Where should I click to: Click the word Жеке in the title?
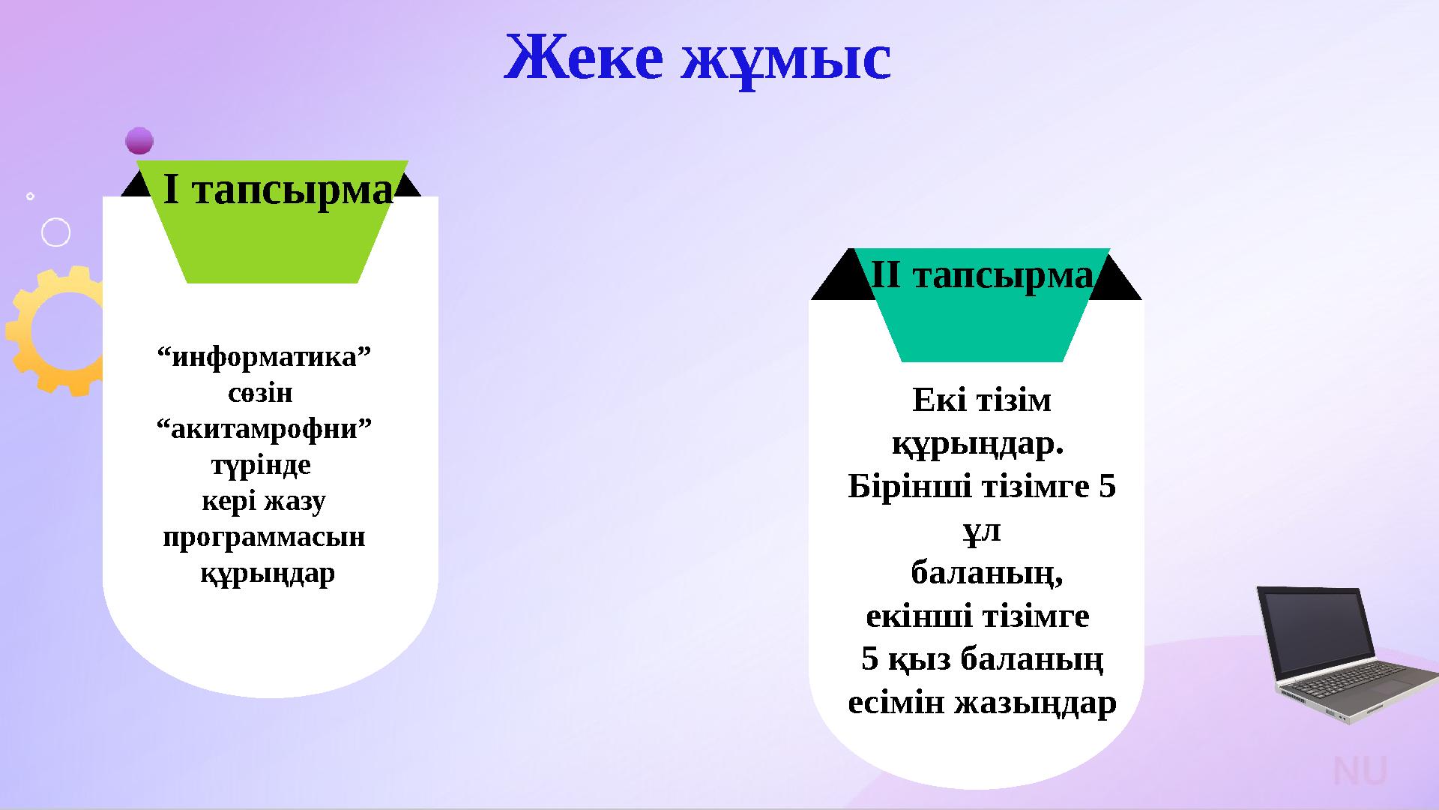pos(585,58)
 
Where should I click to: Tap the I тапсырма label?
pos(278,190)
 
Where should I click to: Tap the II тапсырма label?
pos(982,276)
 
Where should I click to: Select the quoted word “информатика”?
pos(264,357)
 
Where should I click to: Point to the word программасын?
pos(264,537)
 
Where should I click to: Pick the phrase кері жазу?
pos(264,501)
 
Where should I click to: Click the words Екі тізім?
pos(982,400)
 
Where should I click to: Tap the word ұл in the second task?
pos(982,531)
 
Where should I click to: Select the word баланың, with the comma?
pos(986,574)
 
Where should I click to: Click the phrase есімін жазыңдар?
pos(982,703)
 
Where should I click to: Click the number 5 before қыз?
pos(869,660)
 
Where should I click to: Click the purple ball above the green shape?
pos(139,140)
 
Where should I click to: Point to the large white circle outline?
pos(56,232)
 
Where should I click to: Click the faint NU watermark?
pos(1360,772)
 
